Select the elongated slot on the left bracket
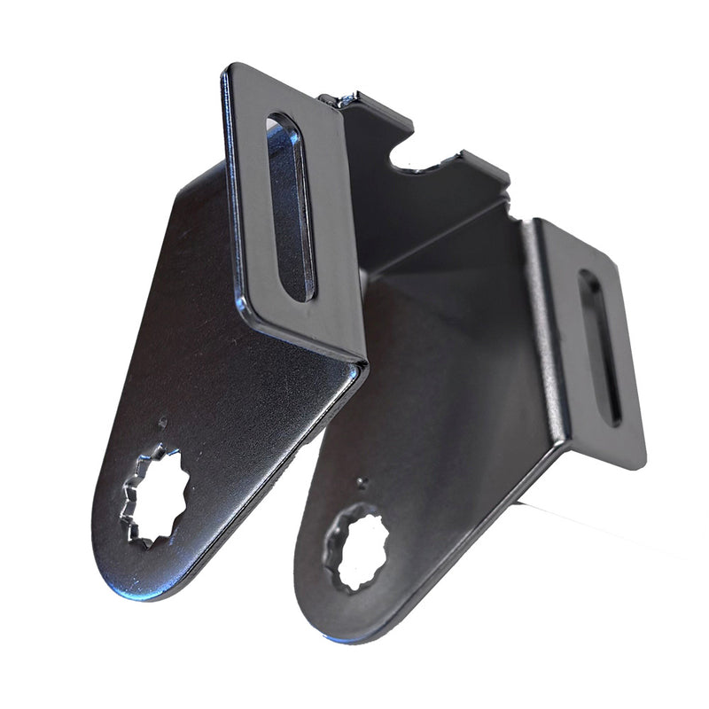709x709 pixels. click(291, 206)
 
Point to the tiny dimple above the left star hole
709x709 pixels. click(162, 423)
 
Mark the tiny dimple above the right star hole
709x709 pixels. click(360, 483)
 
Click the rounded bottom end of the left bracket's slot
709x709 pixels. click(300, 292)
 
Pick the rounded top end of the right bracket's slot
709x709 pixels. click(588, 277)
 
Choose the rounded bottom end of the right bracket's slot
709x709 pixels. click(611, 418)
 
